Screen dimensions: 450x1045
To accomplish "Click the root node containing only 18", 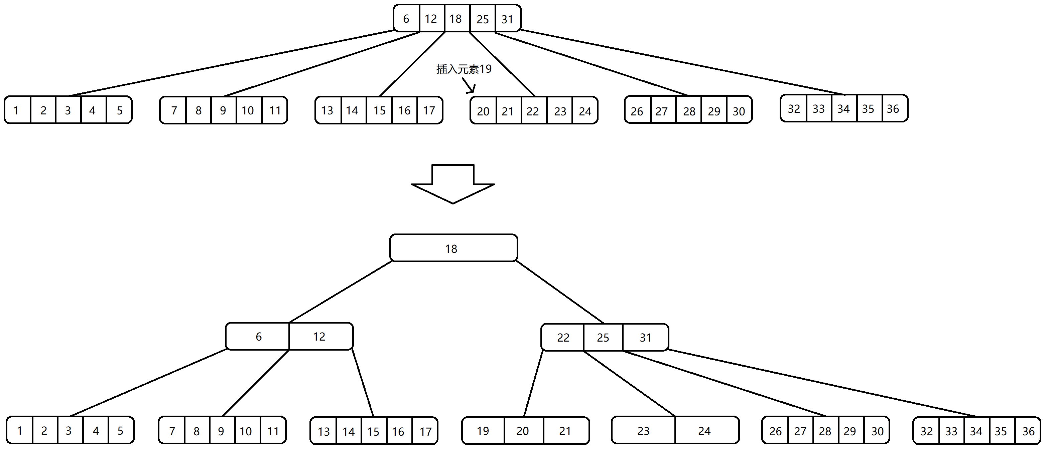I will [x=453, y=248].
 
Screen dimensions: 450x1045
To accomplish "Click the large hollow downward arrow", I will [x=453, y=184].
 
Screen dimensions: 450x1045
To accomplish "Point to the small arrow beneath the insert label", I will [x=469, y=85].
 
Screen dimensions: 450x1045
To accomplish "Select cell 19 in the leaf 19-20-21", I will [x=483, y=431].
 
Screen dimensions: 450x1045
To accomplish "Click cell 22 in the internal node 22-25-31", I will [x=563, y=337].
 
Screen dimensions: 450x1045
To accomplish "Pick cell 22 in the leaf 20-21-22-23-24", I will [x=532, y=111].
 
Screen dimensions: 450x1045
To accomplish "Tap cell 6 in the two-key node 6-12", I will [x=258, y=336].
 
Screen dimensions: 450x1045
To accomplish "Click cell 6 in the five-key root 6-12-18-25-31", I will [x=406, y=19].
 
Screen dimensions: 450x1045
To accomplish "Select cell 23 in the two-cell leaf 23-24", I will [x=643, y=431].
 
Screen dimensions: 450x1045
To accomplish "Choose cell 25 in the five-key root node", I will [x=482, y=19].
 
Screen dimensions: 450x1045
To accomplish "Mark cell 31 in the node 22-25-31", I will [x=645, y=337].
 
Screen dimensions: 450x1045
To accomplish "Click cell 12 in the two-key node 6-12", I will [x=319, y=336].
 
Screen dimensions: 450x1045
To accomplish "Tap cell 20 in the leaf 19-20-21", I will [x=523, y=431].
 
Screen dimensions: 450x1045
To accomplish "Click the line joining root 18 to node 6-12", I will [x=341, y=292].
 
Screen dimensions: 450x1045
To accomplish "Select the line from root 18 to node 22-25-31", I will [x=560, y=292].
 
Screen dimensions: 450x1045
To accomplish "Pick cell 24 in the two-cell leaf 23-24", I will [x=704, y=431].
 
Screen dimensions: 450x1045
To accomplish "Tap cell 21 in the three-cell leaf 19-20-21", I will [x=565, y=431].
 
